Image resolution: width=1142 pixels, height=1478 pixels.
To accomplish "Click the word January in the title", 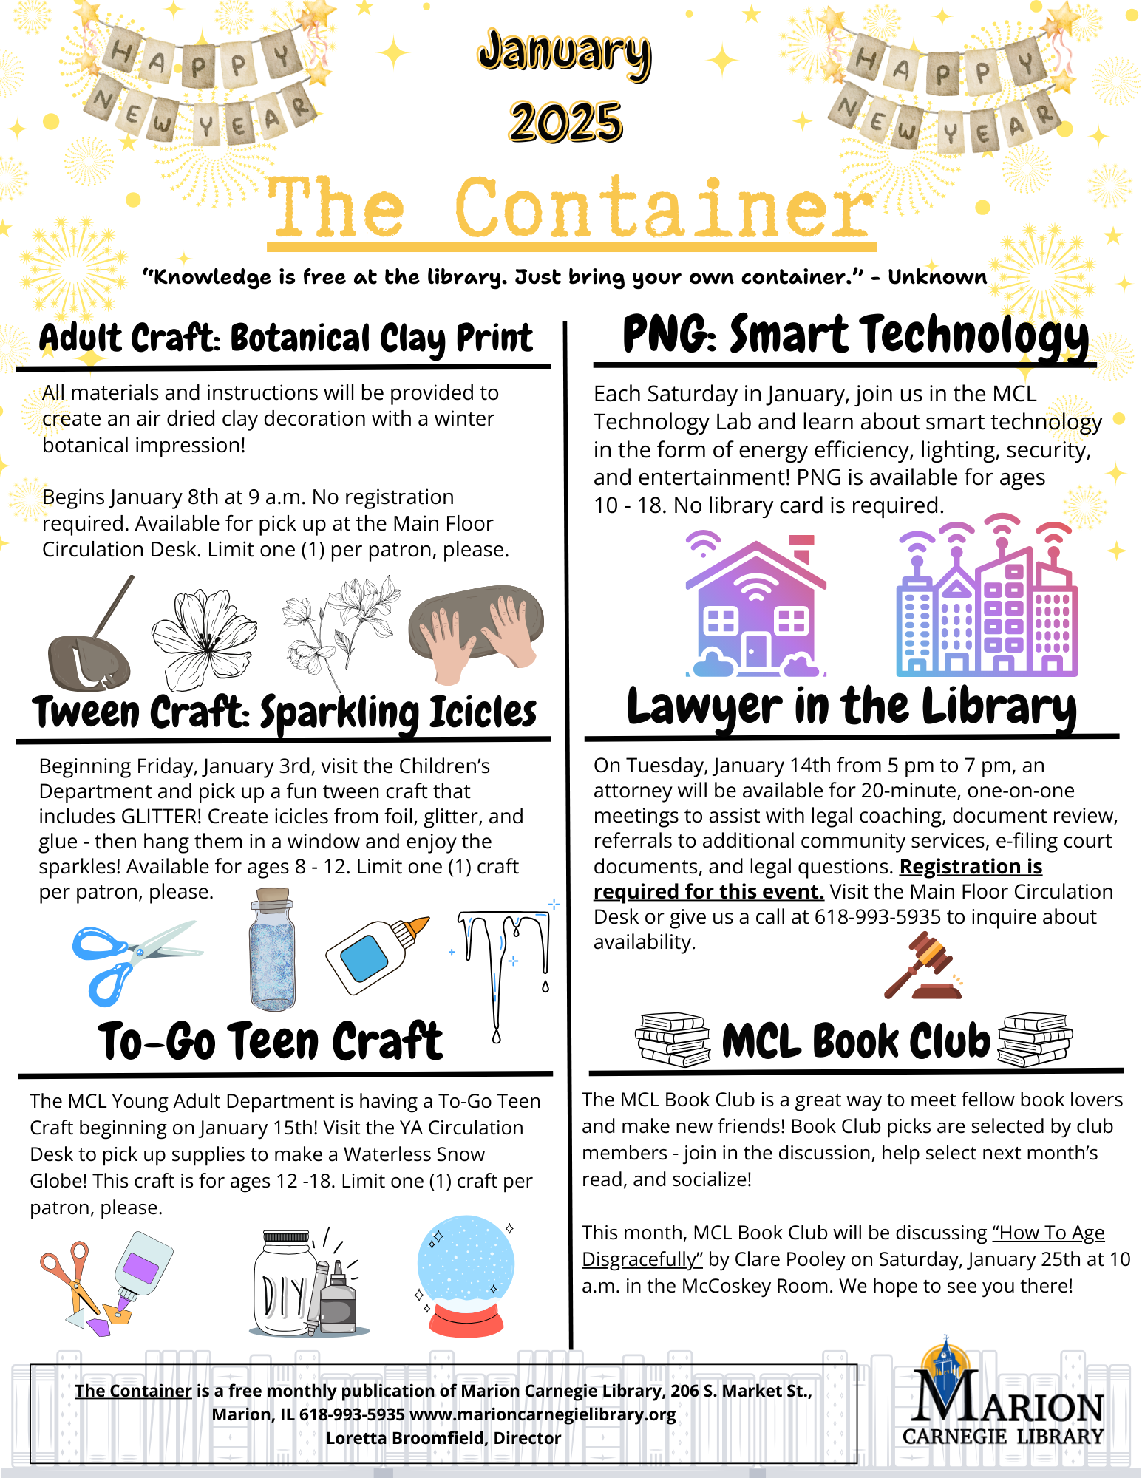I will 564,53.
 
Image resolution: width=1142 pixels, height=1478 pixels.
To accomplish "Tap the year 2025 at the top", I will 565,122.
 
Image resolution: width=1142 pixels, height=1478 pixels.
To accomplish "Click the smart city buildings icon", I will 987,599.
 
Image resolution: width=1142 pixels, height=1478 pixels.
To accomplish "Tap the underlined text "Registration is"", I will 971,866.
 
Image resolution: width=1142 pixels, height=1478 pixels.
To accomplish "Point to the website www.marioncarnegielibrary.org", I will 543,1414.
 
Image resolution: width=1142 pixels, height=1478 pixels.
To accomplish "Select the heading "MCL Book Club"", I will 855,1041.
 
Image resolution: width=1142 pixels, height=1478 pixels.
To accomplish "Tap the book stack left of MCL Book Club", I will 672,1040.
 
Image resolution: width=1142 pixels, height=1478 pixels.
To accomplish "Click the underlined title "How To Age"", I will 1048,1233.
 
